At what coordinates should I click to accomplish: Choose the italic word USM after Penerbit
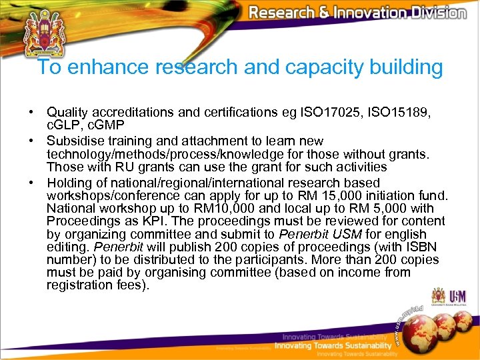(343, 234)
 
